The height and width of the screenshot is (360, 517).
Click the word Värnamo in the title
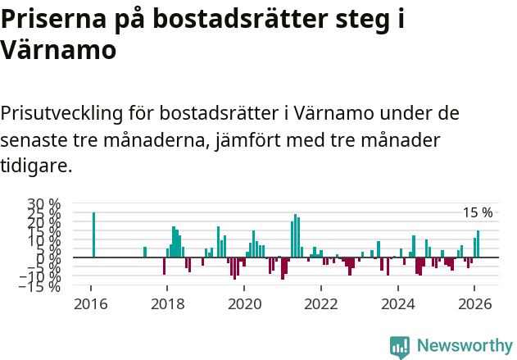tap(58, 49)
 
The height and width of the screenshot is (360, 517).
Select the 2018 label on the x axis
tap(166, 303)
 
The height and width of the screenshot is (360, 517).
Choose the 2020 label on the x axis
tap(243, 303)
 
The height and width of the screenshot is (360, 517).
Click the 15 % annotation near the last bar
tap(478, 213)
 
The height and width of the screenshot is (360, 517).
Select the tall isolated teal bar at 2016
tap(93, 235)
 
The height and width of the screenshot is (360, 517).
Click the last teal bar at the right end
tap(478, 244)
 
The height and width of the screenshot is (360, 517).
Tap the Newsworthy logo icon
tap(400, 347)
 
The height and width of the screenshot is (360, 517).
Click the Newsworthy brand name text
tap(465, 347)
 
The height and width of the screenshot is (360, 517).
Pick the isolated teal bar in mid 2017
tap(145, 253)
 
